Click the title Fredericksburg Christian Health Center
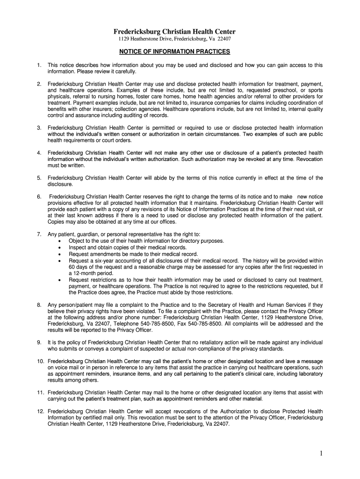[174, 31]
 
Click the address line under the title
[174, 39]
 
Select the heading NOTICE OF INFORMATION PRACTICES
[174, 51]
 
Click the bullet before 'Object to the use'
[59, 241]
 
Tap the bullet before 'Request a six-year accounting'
[59, 261]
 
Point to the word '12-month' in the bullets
[85, 273]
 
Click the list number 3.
[39, 128]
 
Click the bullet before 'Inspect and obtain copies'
[59, 248]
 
